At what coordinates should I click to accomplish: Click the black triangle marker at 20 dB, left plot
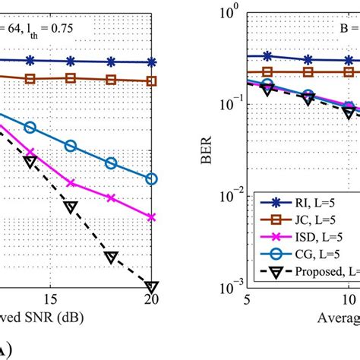151,286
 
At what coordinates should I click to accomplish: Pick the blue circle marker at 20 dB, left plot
151,179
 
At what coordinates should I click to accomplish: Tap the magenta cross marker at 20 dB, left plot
151,217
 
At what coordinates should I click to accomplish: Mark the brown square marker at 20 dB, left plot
151,81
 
